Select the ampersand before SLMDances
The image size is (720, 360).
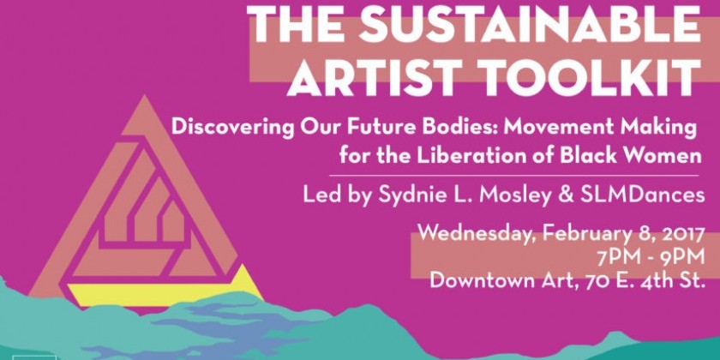(560, 195)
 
